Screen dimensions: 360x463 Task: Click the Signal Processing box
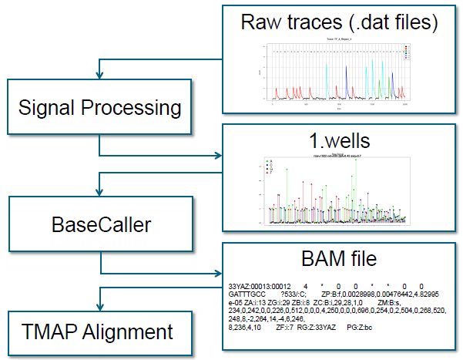click(x=100, y=107)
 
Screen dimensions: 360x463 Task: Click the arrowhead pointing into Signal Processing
click(x=99, y=76)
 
